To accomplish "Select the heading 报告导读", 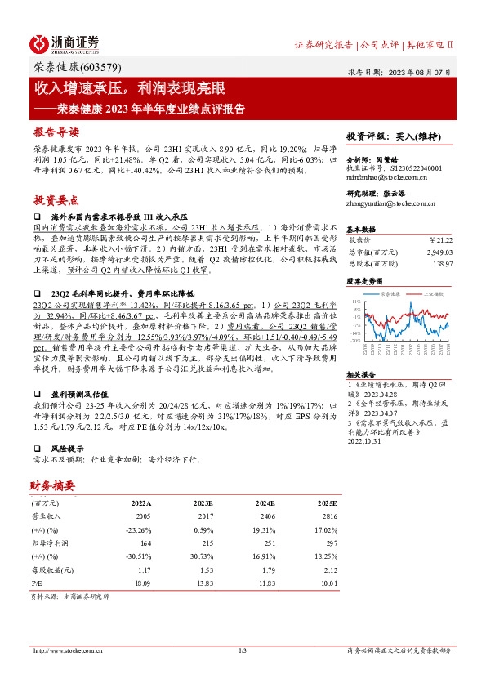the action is pos(56,132).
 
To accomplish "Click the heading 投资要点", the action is pos(56,199).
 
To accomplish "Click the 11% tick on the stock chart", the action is pos(356,301).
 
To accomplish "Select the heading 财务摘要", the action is pos(53,486).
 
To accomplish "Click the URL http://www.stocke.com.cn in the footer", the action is pos(66,650).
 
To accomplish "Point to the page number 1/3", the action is pos(243,650).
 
